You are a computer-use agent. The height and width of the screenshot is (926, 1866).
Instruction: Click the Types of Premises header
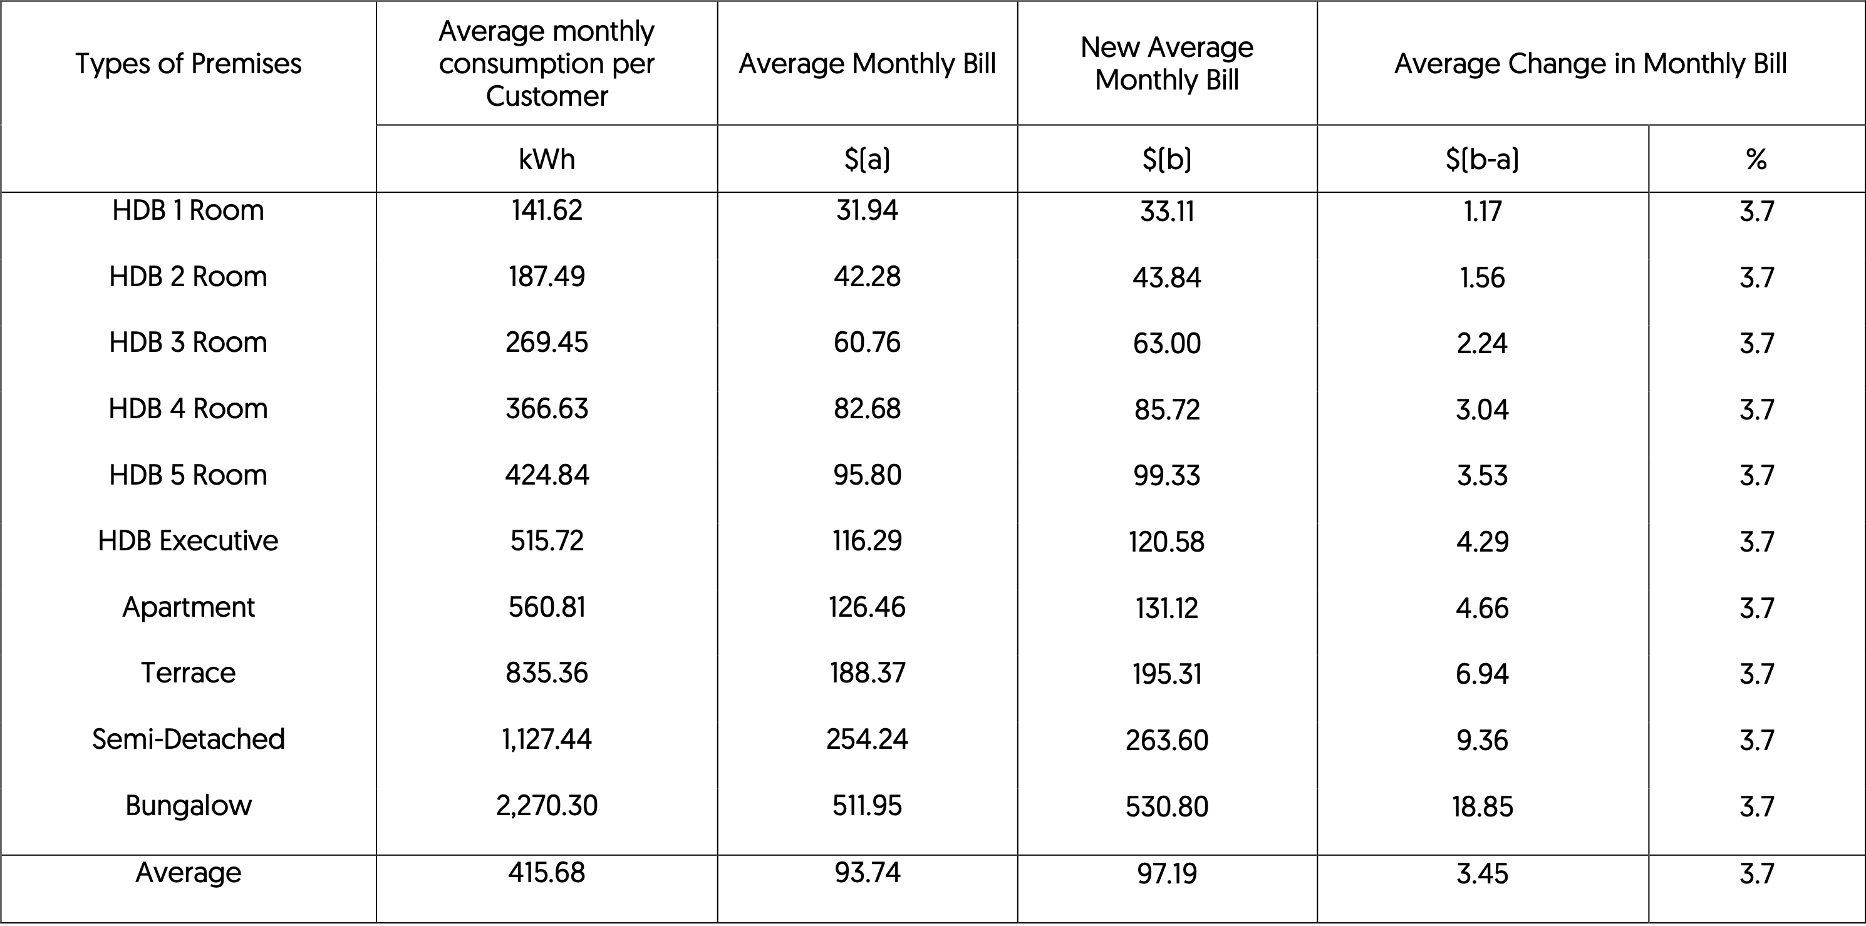pos(189,64)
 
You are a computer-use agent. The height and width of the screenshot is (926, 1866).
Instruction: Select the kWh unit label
pos(547,158)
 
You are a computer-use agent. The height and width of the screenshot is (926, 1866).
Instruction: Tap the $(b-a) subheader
pos(1482,158)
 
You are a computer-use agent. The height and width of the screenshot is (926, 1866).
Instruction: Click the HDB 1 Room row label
pos(189,210)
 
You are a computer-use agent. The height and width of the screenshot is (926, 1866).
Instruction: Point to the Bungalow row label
pos(189,805)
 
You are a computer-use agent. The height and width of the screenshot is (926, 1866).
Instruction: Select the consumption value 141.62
pos(547,210)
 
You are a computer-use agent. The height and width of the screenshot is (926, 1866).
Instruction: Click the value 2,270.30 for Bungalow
pos(547,805)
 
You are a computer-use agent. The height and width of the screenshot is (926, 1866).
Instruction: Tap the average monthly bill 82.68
pos(867,409)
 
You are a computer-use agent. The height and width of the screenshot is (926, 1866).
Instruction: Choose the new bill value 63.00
pos(1167,343)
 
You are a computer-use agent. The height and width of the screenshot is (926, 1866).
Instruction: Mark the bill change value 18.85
pos(1482,806)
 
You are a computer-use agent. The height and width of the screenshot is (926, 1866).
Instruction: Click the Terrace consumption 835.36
pos(547,673)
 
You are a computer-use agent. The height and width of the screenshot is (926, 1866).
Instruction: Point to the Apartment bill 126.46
pos(867,607)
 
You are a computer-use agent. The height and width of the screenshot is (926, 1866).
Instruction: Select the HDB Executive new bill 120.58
pos(1167,542)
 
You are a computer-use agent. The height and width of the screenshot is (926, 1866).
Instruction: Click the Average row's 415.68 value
pos(547,872)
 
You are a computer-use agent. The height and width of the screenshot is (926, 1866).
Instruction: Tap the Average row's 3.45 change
pos(1482,874)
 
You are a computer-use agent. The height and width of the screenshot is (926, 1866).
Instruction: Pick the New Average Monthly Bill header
pos(1167,64)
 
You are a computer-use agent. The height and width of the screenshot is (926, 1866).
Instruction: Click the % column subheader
pos(1756,158)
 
